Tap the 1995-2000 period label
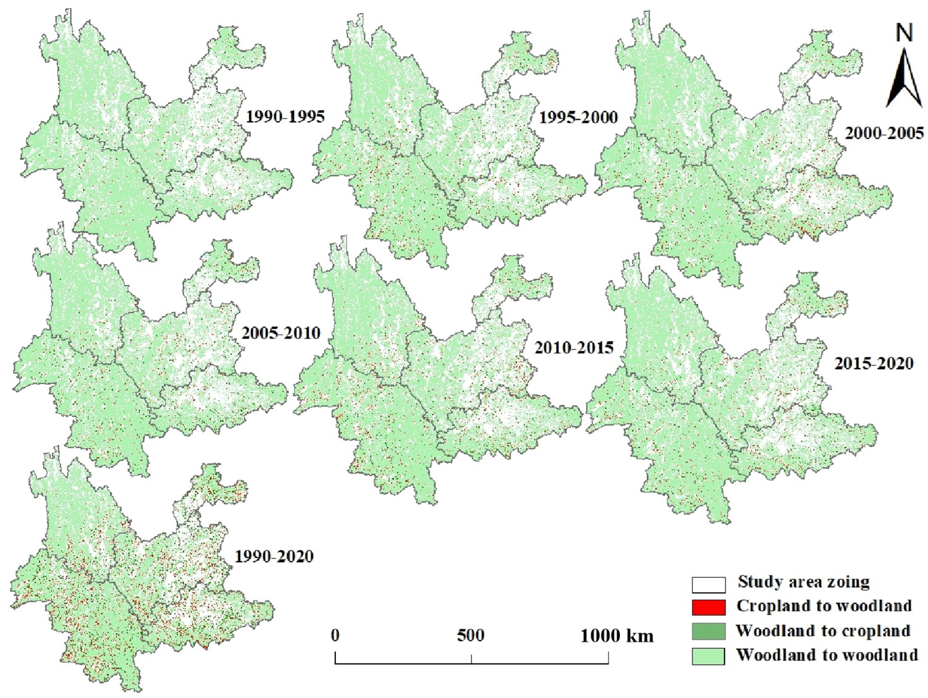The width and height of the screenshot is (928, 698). (578, 117)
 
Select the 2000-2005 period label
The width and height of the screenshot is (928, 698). (884, 133)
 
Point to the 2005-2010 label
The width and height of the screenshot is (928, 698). (281, 333)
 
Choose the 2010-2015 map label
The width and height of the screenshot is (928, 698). (574, 347)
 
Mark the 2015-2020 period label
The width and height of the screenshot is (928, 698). (874, 363)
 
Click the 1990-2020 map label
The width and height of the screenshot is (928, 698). (274, 556)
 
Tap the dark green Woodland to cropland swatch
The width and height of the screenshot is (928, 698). (709, 631)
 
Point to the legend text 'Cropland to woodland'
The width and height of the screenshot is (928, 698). (824, 606)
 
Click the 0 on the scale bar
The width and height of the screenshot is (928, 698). (335, 635)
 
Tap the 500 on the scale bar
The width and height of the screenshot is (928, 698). (471, 635)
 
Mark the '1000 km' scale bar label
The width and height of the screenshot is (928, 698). (617, 636)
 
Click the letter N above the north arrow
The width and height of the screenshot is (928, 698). (904, 33)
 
